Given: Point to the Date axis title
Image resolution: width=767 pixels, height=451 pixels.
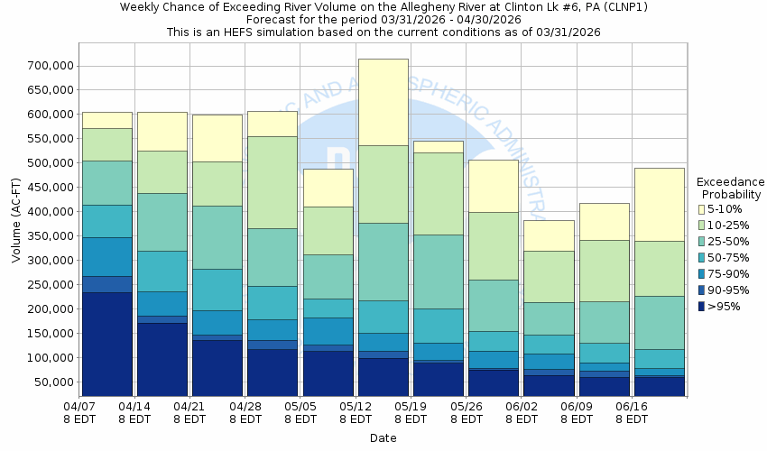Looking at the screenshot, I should pos(383,437).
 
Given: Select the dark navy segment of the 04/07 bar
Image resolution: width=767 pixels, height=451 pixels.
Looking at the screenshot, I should pos(106,344).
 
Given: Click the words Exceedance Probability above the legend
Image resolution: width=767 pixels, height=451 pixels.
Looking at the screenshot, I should pos(731,188).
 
